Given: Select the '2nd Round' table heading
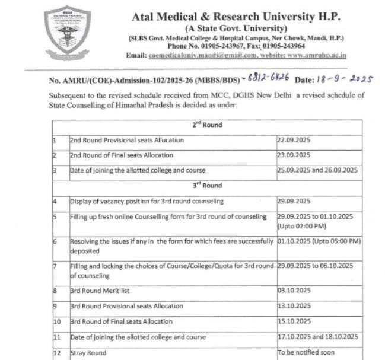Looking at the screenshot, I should pos(206,125).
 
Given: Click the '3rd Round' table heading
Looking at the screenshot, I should pos(206,186).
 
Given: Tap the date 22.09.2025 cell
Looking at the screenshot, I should pos(294,141).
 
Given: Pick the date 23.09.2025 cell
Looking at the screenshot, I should pos(294,155).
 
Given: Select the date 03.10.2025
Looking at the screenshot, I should pos(294,291).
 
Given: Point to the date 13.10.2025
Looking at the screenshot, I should pos(294,306).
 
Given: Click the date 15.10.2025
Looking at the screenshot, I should pos(294,321).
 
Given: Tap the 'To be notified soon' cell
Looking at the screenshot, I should pos(307,352).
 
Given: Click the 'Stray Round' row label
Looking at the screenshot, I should pos(88,352).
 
